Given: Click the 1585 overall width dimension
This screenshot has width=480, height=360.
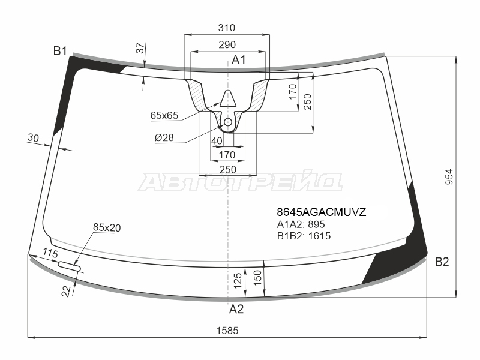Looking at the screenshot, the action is pos(227,331).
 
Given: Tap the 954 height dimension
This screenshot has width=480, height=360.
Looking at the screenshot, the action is pos(448,176).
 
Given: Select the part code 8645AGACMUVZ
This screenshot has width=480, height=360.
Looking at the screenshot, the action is pos(322,212).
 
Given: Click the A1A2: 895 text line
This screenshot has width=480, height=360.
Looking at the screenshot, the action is pos(301,224).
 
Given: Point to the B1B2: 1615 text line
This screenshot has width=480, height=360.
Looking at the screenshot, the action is pos(304,236).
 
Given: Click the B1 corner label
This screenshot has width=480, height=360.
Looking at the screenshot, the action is pos(60,51).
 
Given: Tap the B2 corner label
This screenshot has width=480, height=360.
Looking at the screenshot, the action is pos(442,262).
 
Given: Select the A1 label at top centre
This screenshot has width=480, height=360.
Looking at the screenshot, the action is pos(238,59).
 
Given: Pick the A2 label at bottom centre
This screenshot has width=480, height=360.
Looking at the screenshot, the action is pos(236,309).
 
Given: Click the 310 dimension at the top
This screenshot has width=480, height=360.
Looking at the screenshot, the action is pos(227,28).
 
